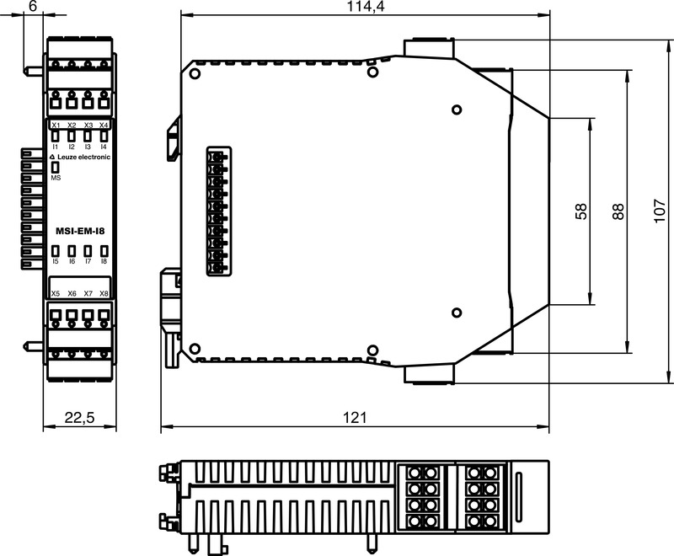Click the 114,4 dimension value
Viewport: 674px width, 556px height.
[365, 7]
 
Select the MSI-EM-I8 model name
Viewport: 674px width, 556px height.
[80, 230]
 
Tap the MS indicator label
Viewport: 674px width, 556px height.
[56, 178]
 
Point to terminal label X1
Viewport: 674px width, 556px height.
[56, 126]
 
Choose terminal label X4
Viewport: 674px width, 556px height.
[104, 126]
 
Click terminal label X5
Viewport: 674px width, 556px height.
[56, 293]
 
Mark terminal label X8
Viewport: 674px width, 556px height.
[104, 293]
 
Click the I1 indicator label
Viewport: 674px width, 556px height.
[56, 147]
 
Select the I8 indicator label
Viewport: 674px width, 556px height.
[104, 262]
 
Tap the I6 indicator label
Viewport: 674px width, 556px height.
[72, 262]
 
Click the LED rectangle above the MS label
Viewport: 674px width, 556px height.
[56, 167]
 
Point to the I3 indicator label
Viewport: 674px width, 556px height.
[88, 147]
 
